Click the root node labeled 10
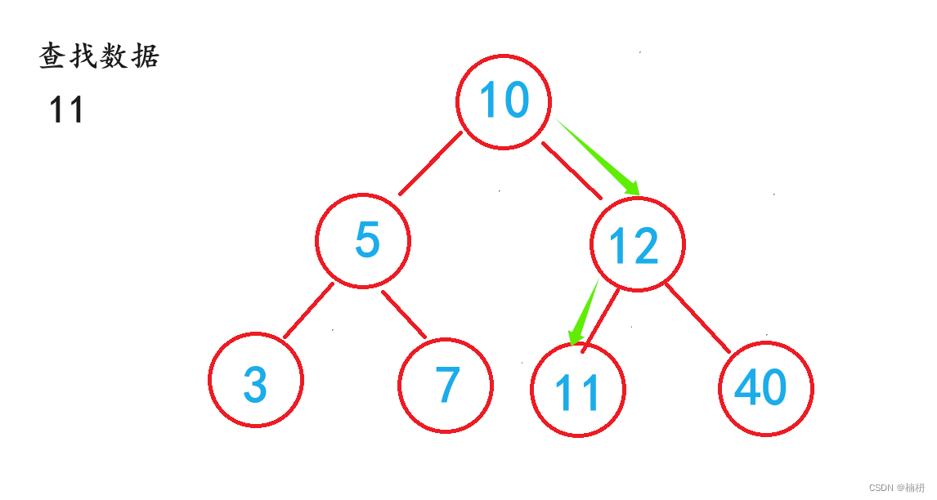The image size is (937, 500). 504,101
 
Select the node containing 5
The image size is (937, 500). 363,240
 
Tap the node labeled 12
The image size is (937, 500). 638,243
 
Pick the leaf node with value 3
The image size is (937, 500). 256,380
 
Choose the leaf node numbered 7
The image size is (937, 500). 446,385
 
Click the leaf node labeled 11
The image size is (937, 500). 577,391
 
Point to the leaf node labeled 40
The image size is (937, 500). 766,388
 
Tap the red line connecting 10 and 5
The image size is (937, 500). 430,164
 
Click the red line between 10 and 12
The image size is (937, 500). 572,170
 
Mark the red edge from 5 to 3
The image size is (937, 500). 308,310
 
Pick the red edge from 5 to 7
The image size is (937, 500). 404,314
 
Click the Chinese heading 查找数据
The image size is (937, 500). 99,56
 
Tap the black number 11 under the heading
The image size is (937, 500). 66,110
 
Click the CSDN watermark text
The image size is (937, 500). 896,487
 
